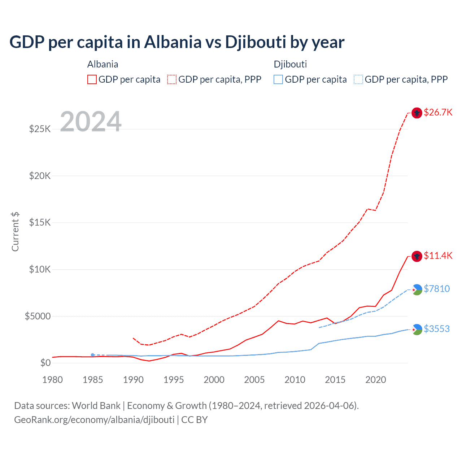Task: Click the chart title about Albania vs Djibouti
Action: [x=177, y=42]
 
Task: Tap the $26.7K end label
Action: [x=438, y=112]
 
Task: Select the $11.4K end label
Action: [x=438, y=256]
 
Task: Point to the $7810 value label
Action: [x=437, y=289]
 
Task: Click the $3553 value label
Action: [x=437, y=329]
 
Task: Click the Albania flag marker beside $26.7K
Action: [x=417, y=113]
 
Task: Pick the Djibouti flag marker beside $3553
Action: [x=417, y=329]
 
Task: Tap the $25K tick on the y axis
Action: [x=40, y=129]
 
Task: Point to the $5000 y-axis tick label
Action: [x=38, y=316]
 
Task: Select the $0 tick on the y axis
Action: [x=45, y=363]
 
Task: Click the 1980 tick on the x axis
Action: [x=52, y=380]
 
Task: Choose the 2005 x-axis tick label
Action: [x=254, y=380]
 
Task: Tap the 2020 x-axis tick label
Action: [x=376, y=380]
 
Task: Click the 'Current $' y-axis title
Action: [x=15, y=232]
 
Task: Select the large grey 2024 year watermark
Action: [x=91, y=122]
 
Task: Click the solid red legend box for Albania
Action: [x=92, y=79]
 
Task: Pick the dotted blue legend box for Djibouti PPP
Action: [x=358, y=79]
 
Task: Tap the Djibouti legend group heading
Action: [x=290, y=64]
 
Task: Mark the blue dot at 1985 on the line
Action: [x=93, y=355]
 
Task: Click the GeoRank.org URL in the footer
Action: [x=94, y=420]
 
